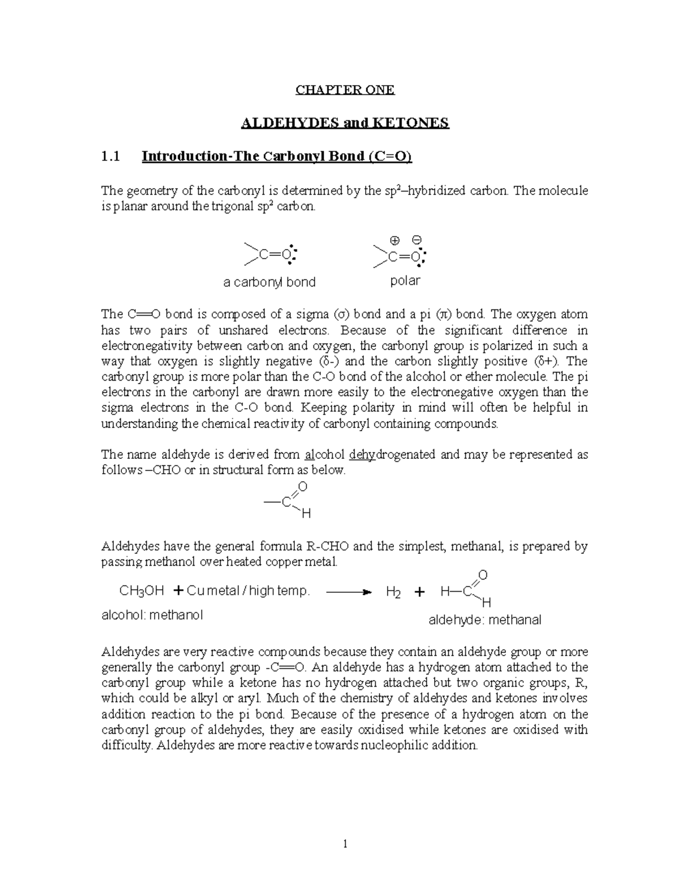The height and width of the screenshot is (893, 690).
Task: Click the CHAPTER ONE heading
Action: tap(344, 90)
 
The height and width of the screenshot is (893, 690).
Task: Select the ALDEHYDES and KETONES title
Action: tap(344, 123)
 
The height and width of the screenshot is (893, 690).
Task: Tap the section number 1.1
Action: tap(111, 156)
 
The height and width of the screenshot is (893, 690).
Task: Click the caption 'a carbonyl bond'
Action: tap(269, 282)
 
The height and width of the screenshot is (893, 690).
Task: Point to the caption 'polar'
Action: tap(405, 281)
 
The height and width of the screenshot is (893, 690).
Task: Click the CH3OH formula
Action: tap(141, 591)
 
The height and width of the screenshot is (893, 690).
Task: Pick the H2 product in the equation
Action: tap(393, 592)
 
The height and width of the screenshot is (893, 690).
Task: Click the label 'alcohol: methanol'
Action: tap(152, 615)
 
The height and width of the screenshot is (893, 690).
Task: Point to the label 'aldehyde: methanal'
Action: tap(485, 620)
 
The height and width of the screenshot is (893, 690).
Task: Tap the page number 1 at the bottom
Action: tap(345, 844)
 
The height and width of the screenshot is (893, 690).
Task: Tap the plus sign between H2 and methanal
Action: tap(419, 592)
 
